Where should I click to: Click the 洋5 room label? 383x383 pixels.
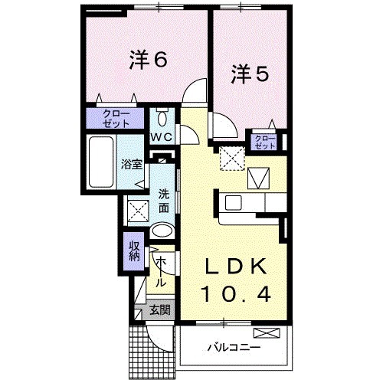tap(249, 74)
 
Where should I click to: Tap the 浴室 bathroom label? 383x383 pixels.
tap(131, 163)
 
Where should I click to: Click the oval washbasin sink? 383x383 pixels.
tap(162, 230)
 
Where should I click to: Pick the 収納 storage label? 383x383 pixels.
tap(133, 250)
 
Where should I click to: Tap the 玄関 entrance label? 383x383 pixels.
tap(159, 310)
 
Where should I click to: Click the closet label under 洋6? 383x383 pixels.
tap(113, 118)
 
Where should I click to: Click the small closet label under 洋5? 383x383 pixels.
tap(265, 141)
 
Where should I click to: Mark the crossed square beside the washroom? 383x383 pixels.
tap(139, 208)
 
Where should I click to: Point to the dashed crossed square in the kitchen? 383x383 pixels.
tap(230, 159)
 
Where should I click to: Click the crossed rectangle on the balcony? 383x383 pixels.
tap(267, 333)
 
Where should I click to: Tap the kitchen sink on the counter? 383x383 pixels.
tap(234, 203)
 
